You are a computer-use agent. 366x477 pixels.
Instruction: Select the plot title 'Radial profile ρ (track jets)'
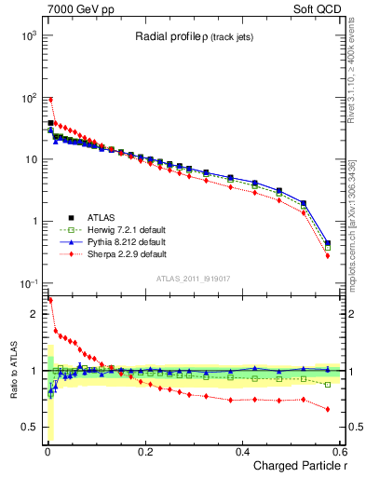(190, 37)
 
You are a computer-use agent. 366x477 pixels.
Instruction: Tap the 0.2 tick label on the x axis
(145, 451)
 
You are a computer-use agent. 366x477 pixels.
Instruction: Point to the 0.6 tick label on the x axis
(341, 451)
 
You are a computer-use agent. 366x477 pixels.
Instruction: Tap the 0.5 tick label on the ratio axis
(28, 427)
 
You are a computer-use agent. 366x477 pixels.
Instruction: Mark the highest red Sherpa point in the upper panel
(50, 100)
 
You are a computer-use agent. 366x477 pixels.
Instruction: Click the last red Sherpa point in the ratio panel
(328, 409)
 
